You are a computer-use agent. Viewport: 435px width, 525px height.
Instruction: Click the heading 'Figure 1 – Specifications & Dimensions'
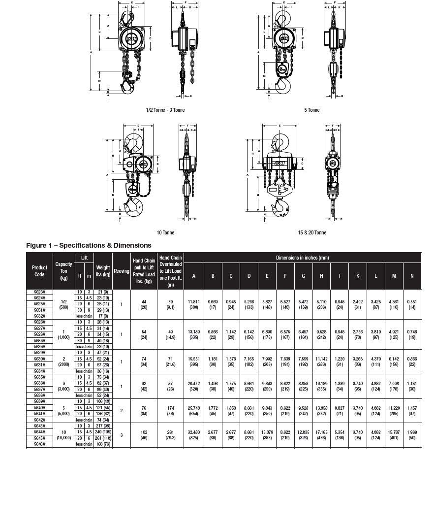click(89, 245)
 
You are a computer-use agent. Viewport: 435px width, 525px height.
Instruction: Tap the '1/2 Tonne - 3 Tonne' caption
click(165, 110)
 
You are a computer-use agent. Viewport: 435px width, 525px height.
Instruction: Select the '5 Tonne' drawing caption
click(311, 110)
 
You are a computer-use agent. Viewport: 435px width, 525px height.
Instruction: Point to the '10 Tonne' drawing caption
click(165, 232)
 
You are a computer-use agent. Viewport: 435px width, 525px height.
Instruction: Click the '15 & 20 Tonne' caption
click(311, 232)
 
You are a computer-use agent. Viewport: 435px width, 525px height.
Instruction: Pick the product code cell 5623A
click(39, 293)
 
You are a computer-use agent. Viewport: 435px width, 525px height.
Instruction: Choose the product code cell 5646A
click(39, 444)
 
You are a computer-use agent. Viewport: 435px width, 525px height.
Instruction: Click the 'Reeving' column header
click(122, 271)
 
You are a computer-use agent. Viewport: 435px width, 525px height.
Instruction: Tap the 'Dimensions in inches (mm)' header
click(302, 257)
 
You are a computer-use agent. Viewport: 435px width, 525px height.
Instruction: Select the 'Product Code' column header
click(39, 271)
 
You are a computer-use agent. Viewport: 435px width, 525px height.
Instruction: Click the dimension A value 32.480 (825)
click(194, 435)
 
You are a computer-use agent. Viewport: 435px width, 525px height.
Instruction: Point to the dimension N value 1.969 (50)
click(412, 435)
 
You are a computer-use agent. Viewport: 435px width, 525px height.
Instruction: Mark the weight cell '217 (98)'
click(103, 426)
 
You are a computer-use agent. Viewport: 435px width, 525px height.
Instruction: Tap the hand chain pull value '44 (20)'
click(144, 304)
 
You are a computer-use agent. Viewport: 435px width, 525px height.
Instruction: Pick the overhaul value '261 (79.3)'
click(171, 435)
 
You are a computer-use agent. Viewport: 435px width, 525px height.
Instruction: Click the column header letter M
click(394, 276)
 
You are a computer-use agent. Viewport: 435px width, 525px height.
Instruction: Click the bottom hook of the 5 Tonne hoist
click(283, 87)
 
